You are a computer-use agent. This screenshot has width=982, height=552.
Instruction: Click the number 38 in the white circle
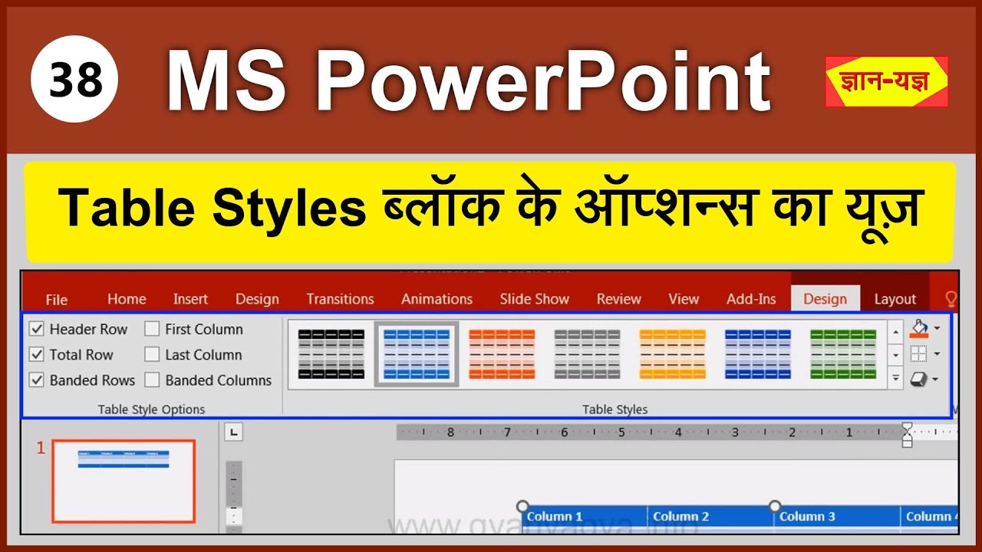pyautogui.click(x=74, y=80)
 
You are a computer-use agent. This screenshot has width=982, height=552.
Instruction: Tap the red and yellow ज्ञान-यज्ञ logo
pyautogui.click(x=886, y=81)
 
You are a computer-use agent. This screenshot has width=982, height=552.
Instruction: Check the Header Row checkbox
pyautogui.click(x=37, y=330)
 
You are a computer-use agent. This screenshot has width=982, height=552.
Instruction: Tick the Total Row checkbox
pyautogui.click(x=37, y=355)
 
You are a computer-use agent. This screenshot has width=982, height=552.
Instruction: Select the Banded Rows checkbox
pyautogui.click(x=37, y=380)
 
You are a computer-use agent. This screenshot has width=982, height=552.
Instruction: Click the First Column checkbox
pyautogui.click(x=152, y=330)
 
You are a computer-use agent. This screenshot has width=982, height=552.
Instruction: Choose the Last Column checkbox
pyautogui.click(x=152, y=355)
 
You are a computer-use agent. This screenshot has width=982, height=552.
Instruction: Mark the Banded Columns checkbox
pyautogui.click(x=152, y=380)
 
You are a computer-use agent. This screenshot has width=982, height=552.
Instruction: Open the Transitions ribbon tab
pyautogui.click(x=340, y=299)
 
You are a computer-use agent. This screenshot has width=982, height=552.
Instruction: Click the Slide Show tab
pyautogui.click(x=534, y=299)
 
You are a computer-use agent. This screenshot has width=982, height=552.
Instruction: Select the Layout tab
pyautogui.click(x=895, y=299)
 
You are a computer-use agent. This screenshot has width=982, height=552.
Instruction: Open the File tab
pyautogui.click(x=56, y=299)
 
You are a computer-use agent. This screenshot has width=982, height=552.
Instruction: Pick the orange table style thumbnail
pyautogui.click(x=502, y=354)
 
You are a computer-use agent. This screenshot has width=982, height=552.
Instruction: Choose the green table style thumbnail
pyautogui.click(x=843, y=354)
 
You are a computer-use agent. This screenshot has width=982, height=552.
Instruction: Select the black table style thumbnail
pyautogui.click(x=331, y=354)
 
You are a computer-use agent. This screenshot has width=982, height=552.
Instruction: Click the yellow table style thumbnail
pyautogui.click(x=672, y=354)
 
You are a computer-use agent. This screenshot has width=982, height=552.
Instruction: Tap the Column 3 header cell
pyautogui.click(x=836, y=517)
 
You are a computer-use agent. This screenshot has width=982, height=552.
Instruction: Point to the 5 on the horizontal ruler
pyautogui.click(x=621, y=432)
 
